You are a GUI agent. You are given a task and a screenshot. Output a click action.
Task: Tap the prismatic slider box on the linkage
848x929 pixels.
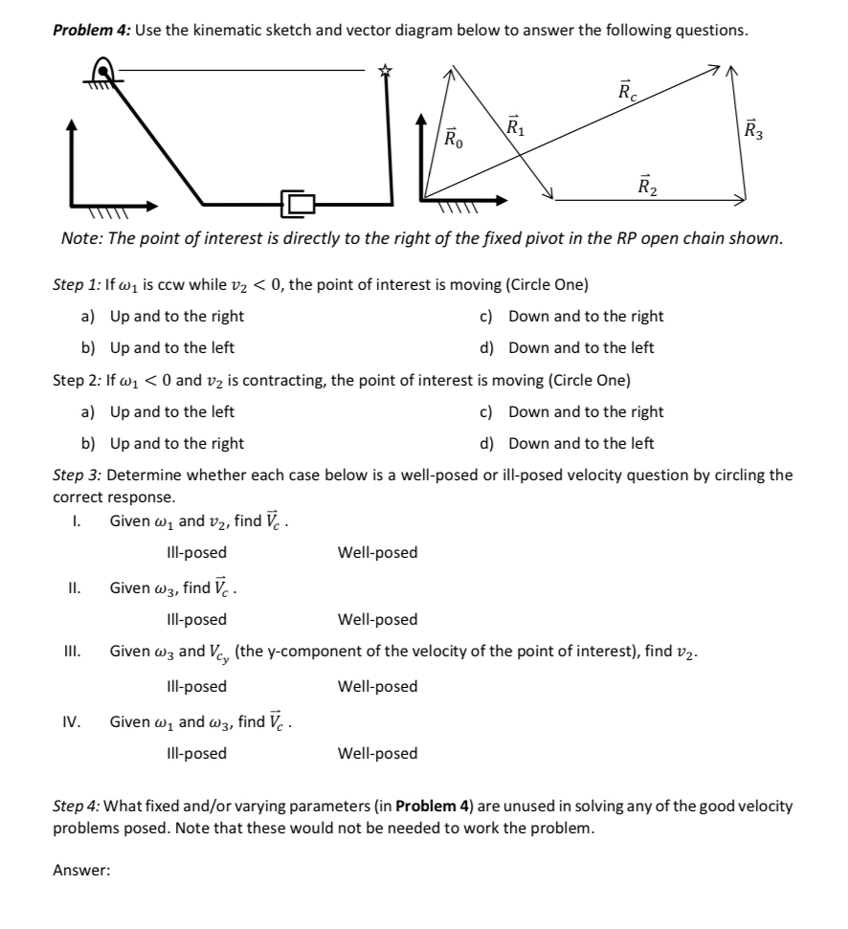pos(297,202)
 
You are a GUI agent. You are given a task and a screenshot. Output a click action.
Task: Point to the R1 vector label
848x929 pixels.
pos(514,124)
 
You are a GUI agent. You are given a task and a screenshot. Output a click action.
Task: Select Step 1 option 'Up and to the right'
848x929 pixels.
pos(177,316)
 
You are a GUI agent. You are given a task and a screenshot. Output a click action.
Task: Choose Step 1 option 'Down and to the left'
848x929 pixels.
pos(581,347)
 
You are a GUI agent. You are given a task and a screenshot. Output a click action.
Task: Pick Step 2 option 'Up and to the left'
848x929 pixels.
pos(172,411)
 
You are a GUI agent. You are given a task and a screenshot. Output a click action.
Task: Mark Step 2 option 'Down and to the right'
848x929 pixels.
pos(586,411)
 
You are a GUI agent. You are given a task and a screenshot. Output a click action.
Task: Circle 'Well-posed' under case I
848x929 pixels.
pos(377,552)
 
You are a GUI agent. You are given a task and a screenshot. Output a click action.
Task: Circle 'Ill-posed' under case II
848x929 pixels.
pos(196,619)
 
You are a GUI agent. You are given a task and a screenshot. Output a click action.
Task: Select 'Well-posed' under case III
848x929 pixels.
pos(377,686)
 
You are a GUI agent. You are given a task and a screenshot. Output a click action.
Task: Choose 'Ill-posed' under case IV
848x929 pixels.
pos(196,753)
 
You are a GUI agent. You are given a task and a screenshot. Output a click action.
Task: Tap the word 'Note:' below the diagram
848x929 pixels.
pos(79,237)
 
